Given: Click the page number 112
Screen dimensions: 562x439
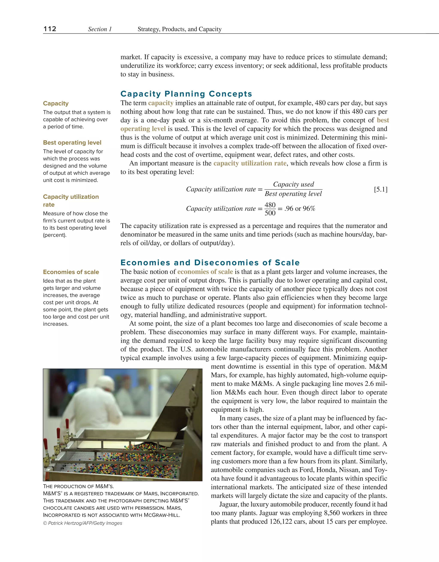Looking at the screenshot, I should click(50, 29).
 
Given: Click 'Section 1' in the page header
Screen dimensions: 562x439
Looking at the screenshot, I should click(100, 29).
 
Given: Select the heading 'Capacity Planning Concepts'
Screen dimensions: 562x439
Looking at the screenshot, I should click(186, 94).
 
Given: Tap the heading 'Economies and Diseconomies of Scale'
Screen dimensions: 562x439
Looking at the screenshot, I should click(210, 263).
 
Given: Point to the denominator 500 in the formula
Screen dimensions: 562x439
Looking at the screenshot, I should click(270, 213).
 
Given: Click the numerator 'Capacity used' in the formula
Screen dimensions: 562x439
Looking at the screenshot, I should click(293, 184).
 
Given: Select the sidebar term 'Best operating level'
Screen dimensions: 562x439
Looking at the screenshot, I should click(72, 143).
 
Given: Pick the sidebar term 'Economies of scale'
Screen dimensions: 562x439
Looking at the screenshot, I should click(71, 272).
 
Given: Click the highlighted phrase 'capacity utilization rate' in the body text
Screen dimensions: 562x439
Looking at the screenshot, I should click(250, 163).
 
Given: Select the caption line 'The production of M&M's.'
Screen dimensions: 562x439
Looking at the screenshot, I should click(78, 486).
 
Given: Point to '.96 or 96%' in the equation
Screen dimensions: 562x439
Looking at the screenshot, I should click(300, 208).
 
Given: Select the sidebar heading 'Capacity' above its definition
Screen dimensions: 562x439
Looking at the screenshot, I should click(56, 103).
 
